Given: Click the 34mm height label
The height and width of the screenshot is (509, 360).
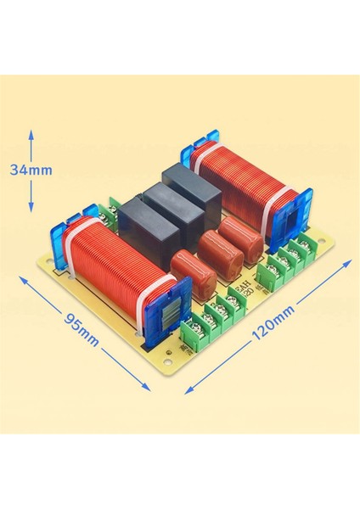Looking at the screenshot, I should click(x=31, y=170).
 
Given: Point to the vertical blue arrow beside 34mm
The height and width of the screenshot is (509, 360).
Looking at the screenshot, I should click(x=32, y=170).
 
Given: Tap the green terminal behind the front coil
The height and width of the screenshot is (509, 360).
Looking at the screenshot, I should click(x=112, y=215).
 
